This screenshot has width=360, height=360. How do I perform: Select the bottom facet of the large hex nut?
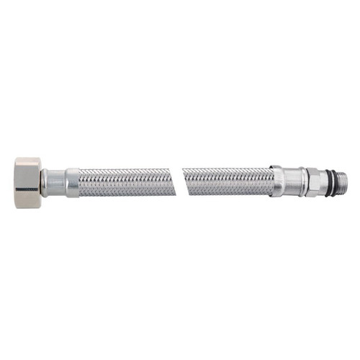[27, 204]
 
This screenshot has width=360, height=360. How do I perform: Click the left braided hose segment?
[122, 183]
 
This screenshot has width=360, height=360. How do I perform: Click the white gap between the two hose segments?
[175, 183]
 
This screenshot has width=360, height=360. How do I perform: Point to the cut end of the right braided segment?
[184, 183]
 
